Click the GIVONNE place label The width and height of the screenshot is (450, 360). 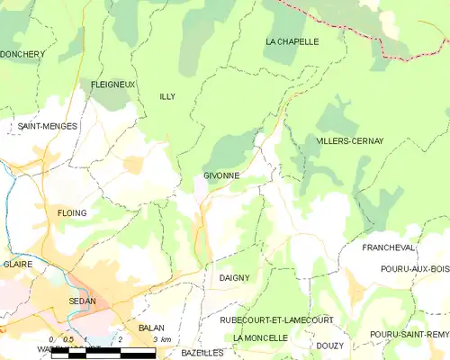(221, 175)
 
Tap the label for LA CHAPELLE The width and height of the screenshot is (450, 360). (292, 41)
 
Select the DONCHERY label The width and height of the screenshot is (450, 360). (22, 54)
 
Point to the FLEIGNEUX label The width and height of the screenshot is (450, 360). (113, 85)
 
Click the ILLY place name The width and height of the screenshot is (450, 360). (166, 96)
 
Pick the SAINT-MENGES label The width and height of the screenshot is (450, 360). (48, 127)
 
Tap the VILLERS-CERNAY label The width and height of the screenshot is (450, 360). (350, 141)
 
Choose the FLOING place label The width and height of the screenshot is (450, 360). (72, 213)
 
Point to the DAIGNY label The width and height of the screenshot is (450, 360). (234, 278)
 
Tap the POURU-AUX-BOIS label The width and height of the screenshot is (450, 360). (415, 269)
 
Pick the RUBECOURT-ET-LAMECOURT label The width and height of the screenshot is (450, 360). (276, 319)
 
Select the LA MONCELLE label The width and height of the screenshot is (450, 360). (260, 337)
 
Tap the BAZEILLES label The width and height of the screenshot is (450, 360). (199, 354)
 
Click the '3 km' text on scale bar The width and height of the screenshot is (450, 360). (162, 339)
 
